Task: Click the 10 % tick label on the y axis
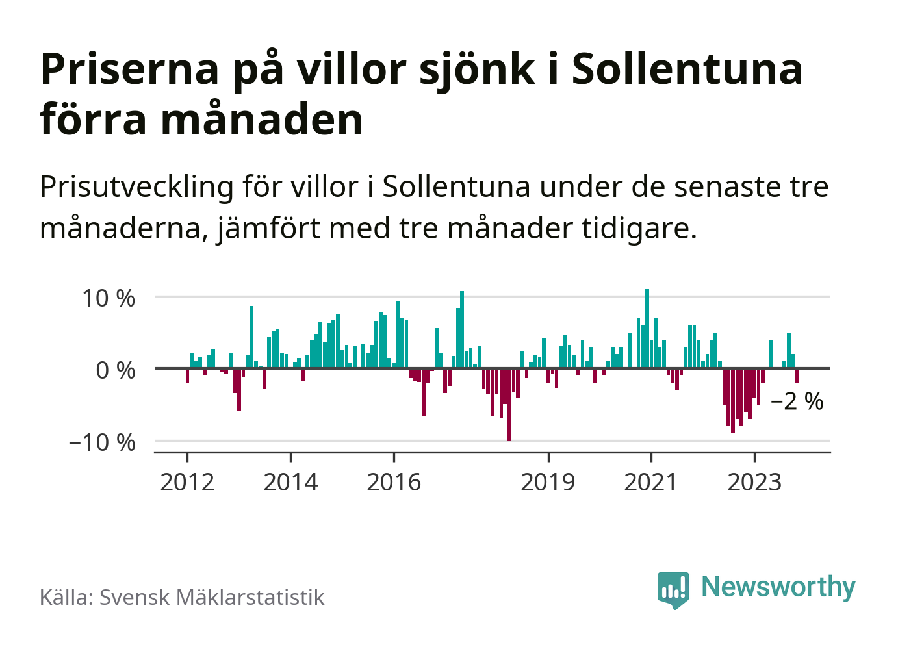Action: [x=108, y=298]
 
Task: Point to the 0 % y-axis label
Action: [x=115, y=370]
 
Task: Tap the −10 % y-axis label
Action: [x=101, y=442]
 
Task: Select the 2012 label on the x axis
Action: [x=187, y=482]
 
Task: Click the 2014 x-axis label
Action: [x=290, y=482]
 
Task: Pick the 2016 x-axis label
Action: [x=394, y=482]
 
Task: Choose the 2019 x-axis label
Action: [x=548, y=482]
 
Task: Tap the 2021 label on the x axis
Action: [x=650, y=482]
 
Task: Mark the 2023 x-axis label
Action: [x=754, y=482]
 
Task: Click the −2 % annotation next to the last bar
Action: [x=797, y=401]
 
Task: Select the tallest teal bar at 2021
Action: [x=647, y=328]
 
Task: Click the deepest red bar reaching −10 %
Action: [x=509, y=404]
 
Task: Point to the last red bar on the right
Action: [x=797, y=375]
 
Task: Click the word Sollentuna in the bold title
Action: [x=687, y=69]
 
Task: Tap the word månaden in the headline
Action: [x=262, y=120]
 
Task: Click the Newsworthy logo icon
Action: [x=673, y=589]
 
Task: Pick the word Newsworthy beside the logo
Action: [x=778, y=587]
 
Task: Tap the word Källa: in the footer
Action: [x=66, y=597]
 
